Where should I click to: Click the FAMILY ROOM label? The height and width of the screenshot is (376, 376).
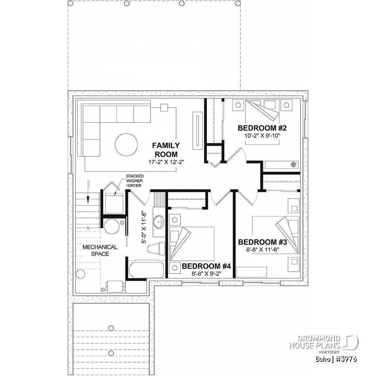click(166, 150)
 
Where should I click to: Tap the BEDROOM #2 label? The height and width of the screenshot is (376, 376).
click(262, 128)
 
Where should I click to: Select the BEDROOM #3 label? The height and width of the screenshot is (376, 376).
click(262, 242)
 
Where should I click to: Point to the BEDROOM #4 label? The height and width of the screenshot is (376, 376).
click(206, 266)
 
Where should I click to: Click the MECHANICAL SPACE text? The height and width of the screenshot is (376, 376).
click(100, 250)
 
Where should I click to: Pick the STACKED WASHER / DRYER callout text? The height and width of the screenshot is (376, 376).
click(135, 181)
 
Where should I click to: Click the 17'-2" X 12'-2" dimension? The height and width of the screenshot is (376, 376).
click(166, 163)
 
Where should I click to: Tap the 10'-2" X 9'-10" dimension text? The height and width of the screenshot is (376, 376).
click(262, 135)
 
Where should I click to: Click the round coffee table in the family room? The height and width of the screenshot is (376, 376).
click(126, 145)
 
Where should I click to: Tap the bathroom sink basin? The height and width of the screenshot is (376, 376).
click(159, 221)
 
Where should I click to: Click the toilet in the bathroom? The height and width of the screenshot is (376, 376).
click(156, 249)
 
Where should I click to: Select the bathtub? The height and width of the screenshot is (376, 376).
click(146, 269)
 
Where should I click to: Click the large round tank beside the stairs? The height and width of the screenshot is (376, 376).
click(112, 226)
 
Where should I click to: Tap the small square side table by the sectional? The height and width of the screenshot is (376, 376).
click(164, 108)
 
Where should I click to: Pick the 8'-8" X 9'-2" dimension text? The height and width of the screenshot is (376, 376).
click(206, 274)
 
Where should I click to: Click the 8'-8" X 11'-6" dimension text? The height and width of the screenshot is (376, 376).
click(263, 250)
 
